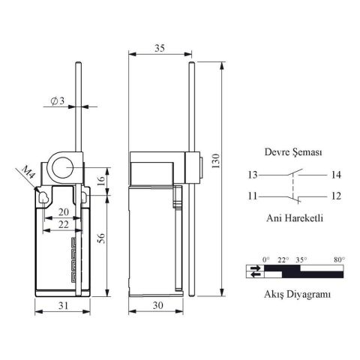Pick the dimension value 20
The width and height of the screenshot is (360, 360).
(x=64, y=211)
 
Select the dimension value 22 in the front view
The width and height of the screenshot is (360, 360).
(x=64, y=225)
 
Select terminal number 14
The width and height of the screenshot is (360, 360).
(x=334, y=175)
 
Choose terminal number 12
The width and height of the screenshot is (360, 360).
(x=334, y=196)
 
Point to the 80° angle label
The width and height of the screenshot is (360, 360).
(x=338, y=259)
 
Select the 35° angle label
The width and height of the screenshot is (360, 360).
(x=301, y=259)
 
